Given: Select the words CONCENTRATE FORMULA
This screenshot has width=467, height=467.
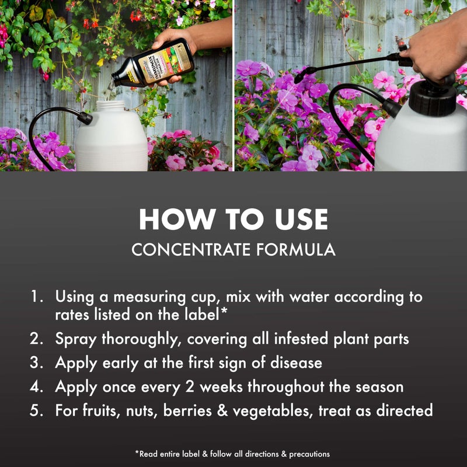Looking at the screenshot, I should [x=233, y=250].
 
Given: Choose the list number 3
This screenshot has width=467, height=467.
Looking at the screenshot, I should [x=37, y=363].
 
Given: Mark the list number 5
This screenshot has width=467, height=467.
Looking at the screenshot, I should [x=37, y=410].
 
